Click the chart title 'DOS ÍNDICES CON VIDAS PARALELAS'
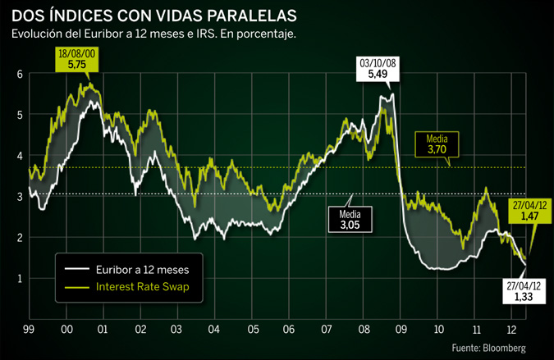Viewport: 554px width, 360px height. (x=154, y=16)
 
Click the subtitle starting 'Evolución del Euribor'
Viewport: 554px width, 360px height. (x=153, y=34)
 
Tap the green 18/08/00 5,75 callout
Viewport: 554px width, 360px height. (x=76, y=59)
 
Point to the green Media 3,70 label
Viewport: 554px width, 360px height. (x=437, y=145)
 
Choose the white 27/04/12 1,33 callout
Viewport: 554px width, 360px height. (x=524, y=291)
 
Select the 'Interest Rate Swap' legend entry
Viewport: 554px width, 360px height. (x=141, y=287)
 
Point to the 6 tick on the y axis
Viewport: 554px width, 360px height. (x=19, y=75)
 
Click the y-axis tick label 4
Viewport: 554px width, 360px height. (x=19, y=156)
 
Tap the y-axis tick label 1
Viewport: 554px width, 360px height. (x=19, y=279)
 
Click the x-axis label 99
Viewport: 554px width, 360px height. (x=30, y=328)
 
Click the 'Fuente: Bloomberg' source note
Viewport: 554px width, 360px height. (x=488, y=348)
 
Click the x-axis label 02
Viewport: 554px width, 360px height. (x=140, y=328)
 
